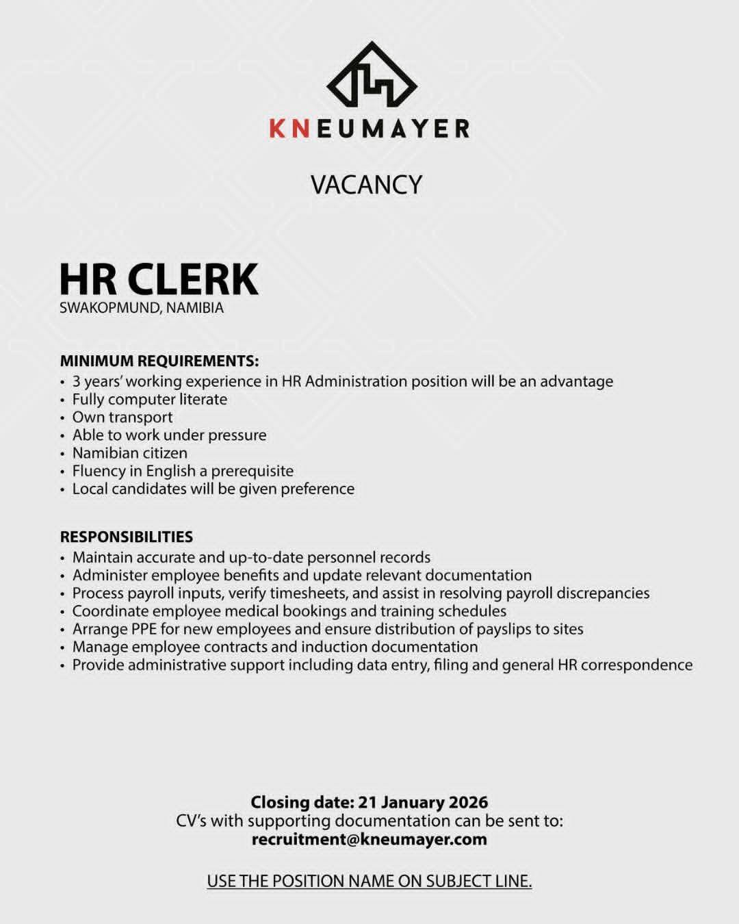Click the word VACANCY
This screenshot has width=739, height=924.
click(x=367, y=185)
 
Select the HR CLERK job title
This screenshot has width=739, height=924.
click(x=159, y=279)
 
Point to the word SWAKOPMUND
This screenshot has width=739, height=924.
click(x=109, y=308)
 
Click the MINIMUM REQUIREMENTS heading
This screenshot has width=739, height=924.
click(x=159, y=361)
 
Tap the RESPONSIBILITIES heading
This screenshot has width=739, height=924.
click(x=127, y=537)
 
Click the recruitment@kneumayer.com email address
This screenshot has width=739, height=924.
click(x=369, y=839)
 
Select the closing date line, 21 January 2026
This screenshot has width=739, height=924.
click(x=369, y=802)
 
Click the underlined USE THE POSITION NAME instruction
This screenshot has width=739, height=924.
click(x=369, y=881)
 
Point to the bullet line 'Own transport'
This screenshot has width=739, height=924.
click(x=122, y=418)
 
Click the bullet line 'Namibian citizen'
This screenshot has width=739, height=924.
click(x=130, y=453)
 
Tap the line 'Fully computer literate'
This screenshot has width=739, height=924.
click(x=150, y=400)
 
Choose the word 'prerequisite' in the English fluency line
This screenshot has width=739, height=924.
click(x=252, y=471)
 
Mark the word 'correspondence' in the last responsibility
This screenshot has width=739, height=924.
click(x=636, y=665)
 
